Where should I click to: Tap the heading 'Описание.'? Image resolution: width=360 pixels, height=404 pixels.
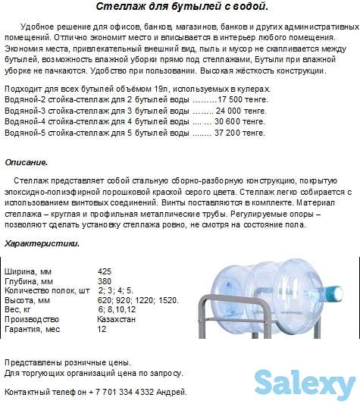26,162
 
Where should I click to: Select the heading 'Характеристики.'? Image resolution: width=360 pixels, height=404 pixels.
42,243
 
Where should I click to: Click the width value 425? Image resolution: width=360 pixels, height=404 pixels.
105,271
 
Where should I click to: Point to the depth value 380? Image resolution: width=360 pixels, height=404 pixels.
105,281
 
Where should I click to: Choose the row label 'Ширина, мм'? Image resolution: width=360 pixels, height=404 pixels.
29,271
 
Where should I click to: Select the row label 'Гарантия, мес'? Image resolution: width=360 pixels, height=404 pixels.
33,330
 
